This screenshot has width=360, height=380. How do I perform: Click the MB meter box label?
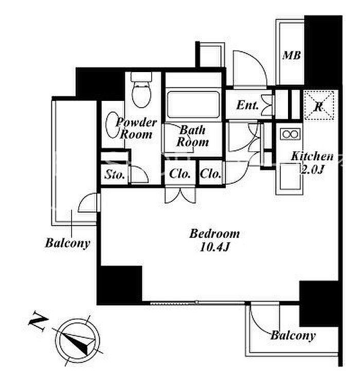pos(292,55)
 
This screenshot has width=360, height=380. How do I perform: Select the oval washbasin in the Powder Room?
pos(112,125)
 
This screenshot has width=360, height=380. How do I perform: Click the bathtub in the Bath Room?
pos(193,104)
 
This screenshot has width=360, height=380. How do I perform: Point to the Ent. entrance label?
pos(247,105)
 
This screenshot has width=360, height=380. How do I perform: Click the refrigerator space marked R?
pos(319,105)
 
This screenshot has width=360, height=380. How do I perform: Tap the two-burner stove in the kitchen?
pos(290,134)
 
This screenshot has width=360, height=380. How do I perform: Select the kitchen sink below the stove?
pos(290,176)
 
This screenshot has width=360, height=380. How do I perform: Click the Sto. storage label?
pos(115,174)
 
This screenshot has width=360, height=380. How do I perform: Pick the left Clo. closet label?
pos(179,174)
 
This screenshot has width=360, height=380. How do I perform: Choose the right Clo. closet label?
pos(210,174)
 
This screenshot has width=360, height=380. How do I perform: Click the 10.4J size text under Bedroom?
pos(214,247)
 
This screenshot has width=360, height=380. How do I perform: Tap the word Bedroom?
pos(214,234)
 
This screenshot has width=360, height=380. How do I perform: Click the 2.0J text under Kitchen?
pos(312,169)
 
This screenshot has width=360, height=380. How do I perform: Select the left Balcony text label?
pos(68,243)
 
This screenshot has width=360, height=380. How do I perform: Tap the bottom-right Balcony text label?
pos(293,336)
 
